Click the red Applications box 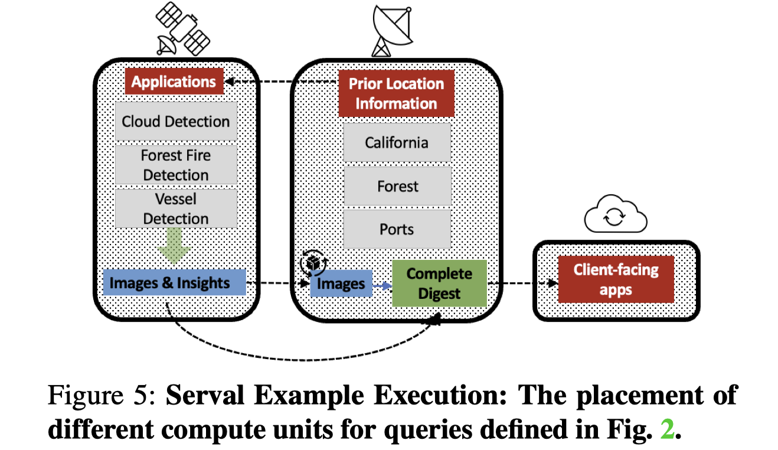[174, 81]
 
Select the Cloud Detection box [176, 121]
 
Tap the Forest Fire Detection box [176, 165]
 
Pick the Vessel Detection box [176, 208]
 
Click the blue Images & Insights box [174, 283]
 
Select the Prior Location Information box [396, 93]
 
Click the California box [397, 142]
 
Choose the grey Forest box [397, 186]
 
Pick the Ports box [397, 229]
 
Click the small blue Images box [341, 284]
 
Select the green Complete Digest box [439, 283]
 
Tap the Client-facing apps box [616, 279]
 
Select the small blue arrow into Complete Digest [382, 285]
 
